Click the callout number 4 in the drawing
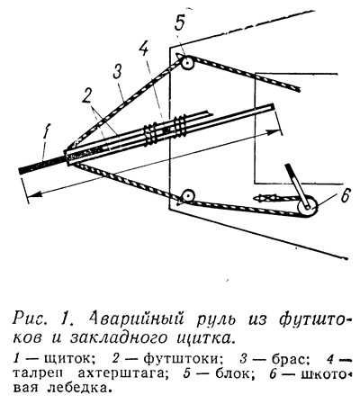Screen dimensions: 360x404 pyautogui.click(x=143, y=47)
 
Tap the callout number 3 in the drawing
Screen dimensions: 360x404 pyautogui.click(x=118, y=72)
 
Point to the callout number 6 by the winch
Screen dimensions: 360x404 pyautogui.click(x=345, y=196)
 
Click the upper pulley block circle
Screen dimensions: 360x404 pyautogui.click(x=188, y=63)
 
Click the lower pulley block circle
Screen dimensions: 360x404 pyautogui.click(x=188, y=196)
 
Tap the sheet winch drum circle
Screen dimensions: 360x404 pyautogui.click(x=307, y=207)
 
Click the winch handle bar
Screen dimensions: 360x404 pyautogui.click(x=298, y=185)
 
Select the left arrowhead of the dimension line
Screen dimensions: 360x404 pyautogui.click(x=36, y=194)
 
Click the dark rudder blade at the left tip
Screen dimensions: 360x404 pyautogui.click(x=42, y=166)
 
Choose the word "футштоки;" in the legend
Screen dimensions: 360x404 pyautogui.click(x=179, y=358)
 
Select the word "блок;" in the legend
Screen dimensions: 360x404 pyautogui.click(x=228, y=373)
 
